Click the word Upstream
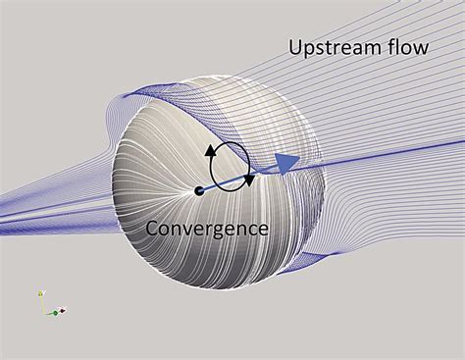332,47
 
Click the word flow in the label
404,46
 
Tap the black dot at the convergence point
199,189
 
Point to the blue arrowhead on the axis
286,164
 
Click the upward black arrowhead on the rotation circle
209,151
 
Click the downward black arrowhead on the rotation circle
251,180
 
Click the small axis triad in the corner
49,305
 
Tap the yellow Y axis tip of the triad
40,293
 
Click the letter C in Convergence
153,229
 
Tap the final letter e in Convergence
262,230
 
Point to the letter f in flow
387,45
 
